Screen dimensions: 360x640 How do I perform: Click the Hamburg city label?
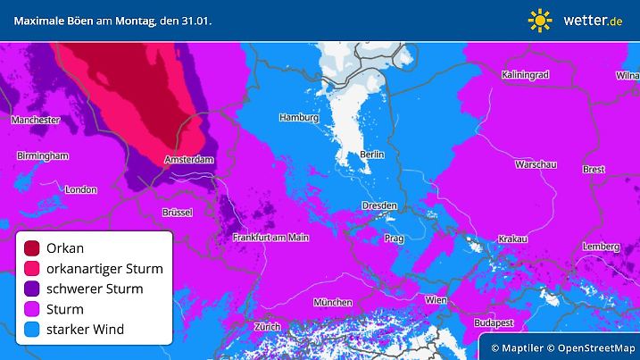(298, 117)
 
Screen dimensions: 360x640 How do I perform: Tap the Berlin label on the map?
(371, 155)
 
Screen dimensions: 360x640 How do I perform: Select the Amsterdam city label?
(189, 161)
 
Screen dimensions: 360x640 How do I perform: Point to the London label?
(80, 189)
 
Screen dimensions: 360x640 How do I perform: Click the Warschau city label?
(536, 164)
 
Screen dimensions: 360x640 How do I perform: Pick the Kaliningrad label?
(528, 73)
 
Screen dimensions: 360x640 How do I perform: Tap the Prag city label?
(394, 239)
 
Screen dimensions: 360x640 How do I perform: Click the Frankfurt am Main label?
(270, 237)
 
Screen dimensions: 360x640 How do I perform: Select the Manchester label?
(35, 120)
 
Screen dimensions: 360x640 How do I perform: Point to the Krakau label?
(512, 239)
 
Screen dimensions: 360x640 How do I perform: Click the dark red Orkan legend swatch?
(33, 247)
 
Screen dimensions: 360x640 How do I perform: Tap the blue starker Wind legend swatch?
(33, 330)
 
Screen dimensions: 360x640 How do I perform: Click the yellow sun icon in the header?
(540, 20)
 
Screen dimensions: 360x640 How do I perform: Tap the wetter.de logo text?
(592, 20)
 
